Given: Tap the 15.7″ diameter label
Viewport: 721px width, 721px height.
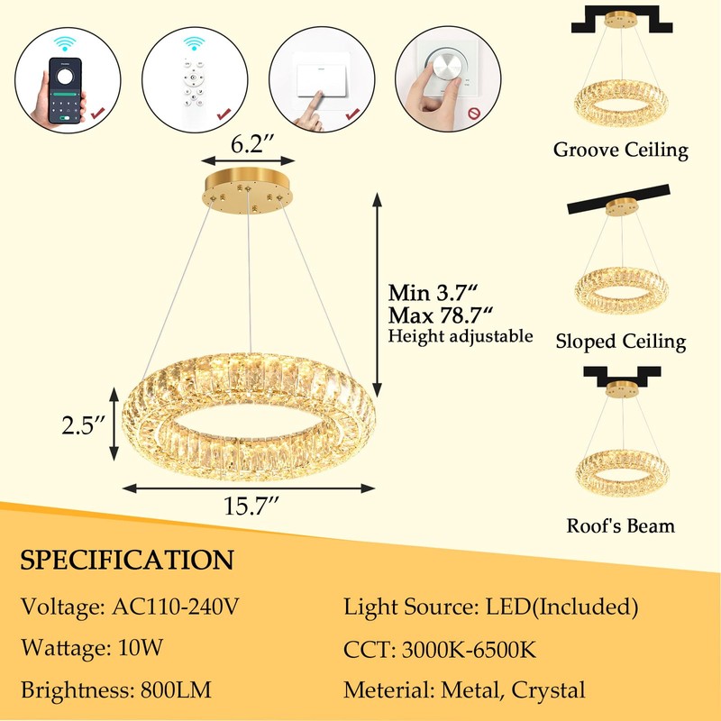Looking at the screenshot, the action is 250,507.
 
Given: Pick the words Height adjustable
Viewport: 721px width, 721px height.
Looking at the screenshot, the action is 461,337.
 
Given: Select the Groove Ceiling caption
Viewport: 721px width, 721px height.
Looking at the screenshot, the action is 620,151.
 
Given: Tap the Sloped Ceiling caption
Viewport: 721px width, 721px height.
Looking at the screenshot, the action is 620,342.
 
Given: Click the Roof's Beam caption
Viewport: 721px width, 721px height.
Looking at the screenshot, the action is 620,525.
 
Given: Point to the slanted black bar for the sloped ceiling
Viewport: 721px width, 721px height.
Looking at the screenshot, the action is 620,200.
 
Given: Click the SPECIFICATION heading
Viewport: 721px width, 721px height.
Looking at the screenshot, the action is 127,559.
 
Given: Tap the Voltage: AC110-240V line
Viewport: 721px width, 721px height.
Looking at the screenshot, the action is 130,607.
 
